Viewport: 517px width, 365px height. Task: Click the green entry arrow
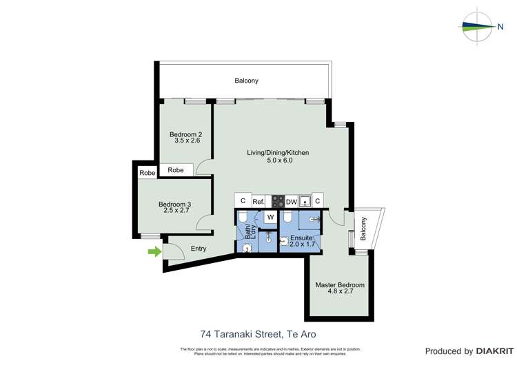[154, 251]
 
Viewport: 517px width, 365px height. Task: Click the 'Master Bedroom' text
[340, 285]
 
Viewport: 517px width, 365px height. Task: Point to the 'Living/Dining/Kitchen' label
[278, 153]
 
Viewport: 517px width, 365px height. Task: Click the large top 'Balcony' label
[246, 81]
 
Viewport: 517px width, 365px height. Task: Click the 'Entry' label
[199, 249]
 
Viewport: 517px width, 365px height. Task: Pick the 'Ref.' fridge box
[258, 201]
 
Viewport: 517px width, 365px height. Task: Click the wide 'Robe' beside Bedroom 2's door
[176, 169]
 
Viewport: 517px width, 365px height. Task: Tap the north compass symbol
[478, 27]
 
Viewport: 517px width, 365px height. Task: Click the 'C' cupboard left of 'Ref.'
[242, 200]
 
